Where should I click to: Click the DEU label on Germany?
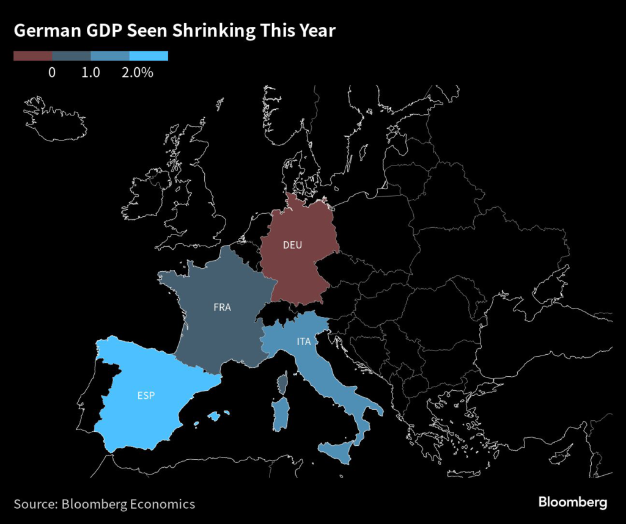[293, 246]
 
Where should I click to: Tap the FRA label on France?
[222, 307]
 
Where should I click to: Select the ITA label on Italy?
[304, 341]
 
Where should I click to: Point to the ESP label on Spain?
[146, 395]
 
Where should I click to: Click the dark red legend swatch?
[33, 56]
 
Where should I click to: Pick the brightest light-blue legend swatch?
[149, 56]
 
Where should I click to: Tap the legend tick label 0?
[52, 72]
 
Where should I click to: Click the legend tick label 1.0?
[90, 72]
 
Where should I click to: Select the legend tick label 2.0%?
[137, 72]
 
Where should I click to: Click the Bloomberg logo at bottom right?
[572, 503]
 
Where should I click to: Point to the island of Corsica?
[282, 384]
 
